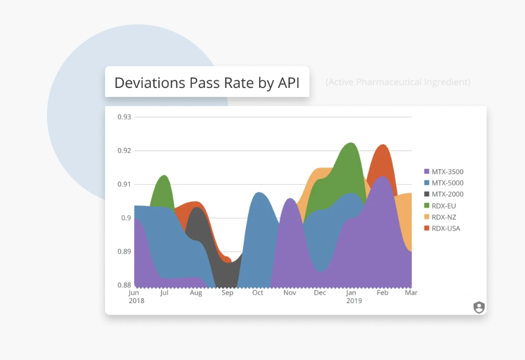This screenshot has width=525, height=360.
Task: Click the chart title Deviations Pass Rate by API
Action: [x=207, y=82]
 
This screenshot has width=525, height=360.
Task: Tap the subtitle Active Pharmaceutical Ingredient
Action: [x=398, y=82]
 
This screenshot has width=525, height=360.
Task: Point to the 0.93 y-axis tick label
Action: [x=124, y=117]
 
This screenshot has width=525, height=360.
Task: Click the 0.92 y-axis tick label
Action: [x=124, y=150]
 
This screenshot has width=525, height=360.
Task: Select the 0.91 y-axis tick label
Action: [x=124, y=184]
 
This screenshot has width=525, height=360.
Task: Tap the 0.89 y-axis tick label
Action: [x=124, y=252]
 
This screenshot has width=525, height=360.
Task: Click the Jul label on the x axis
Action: [x=164, y=293]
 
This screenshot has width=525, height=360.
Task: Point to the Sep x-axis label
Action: [x=228, y=293]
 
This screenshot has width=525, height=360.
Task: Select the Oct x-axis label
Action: [x=258, y=293]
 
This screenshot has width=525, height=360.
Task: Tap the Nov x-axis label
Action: [x=290, y=293]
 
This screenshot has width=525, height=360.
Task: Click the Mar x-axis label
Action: [x=411, y=293]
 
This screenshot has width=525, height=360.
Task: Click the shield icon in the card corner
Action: [x=479, y=307]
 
